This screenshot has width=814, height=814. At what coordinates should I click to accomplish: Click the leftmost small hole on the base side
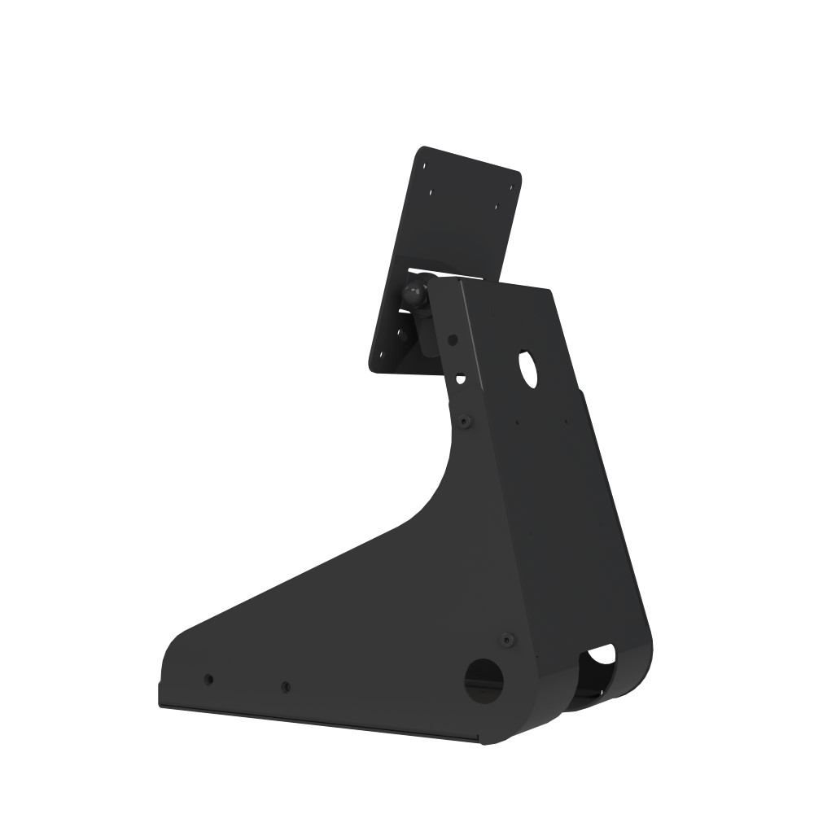[x=208, y=679]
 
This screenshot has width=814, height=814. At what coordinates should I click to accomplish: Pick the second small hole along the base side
[x=285, y=688]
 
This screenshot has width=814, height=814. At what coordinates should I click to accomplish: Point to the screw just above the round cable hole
[x=507, y=640]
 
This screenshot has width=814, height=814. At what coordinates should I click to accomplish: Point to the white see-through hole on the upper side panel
[x=461, y=379]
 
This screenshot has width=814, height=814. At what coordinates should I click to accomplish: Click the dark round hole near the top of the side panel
[x=453, y=339]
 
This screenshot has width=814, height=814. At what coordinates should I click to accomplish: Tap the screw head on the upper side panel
[x=464, y=421]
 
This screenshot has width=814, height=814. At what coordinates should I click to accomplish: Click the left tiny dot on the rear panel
[x=518, y=422]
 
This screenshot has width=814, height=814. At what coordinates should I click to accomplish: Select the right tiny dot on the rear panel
[x=567, y=422]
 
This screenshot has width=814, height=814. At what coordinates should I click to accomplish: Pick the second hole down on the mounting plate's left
[x=431, y=194]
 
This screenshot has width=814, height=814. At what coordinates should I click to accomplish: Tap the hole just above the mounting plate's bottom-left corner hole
[x=400, y=332]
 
